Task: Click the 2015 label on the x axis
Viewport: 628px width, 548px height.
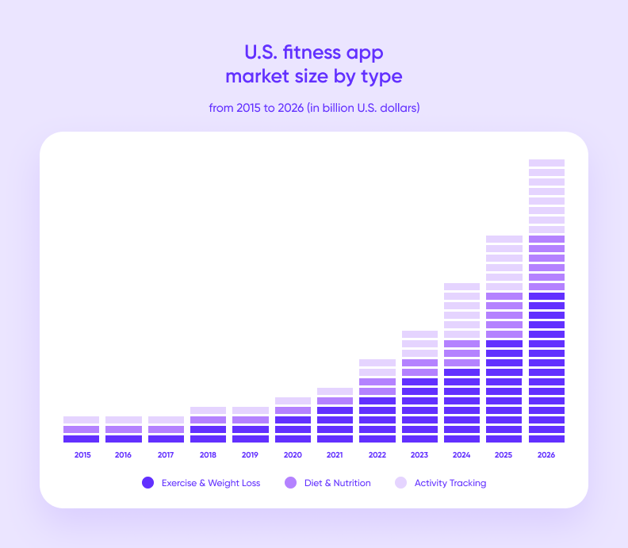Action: pyautogui.click(x=81, y=455)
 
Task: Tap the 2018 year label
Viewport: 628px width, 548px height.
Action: pyautogui.click(x=208, y=455)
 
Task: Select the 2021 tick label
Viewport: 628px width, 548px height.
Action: pyautogui.click(x=335, y=455)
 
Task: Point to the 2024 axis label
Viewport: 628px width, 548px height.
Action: pyautogui.click(x=461, y=455)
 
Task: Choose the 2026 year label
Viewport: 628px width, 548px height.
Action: pyautogui.click(x=546, y=455)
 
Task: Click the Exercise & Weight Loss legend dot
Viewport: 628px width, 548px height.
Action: pyautogui.click(x=147, y=483)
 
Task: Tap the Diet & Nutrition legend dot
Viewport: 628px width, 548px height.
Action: pyautogui.click(x=291, y=483)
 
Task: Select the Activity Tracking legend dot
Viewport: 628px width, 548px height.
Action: pyautogui.click(x=400, y=483)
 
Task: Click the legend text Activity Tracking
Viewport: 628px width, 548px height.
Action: pyautogui.click(x=450, y=483)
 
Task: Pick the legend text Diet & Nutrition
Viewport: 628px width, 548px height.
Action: pyautogui.click(x=337, y=483)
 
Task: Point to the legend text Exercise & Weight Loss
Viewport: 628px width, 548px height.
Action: pyautogui.click(x=210, y=483)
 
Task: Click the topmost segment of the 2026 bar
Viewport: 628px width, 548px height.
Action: pyautogui.click(x=546, y=163)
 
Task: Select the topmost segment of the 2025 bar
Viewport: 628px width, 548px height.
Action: pyautogui.click(x=504, y=239)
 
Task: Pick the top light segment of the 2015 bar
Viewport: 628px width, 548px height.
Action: pyautogui.click(x=81, y=420)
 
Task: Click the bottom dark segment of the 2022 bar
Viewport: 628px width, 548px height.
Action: pyautogui.click(x=377, y=439)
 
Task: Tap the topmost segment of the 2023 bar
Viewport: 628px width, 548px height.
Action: pyautogui.click(x=419, y=334)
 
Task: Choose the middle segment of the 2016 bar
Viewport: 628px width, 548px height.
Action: pyautogui.click(x=123, y=429)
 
